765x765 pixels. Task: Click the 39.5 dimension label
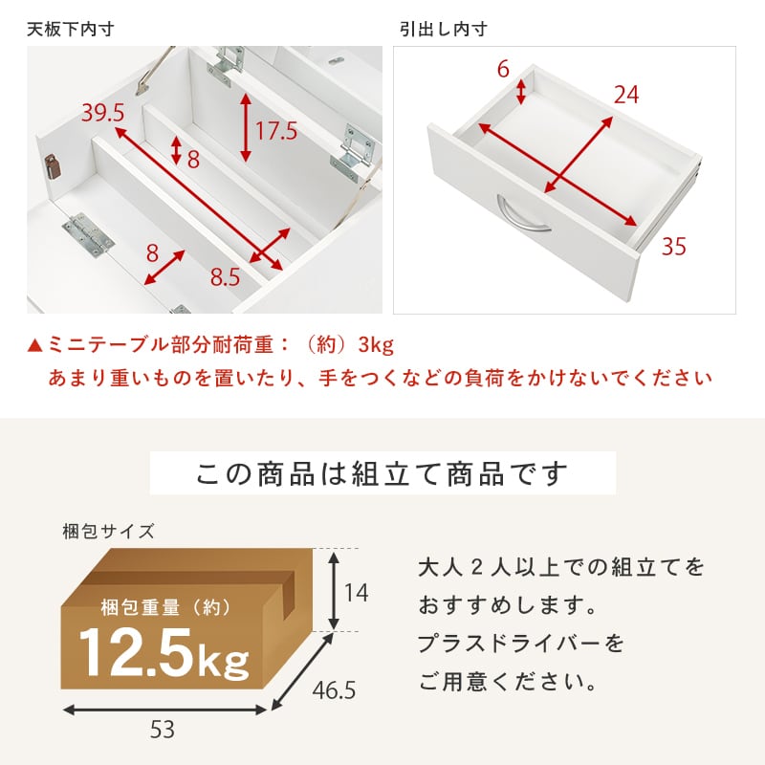click(x=102, y=113)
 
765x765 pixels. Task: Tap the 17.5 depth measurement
click(x=275, y=130)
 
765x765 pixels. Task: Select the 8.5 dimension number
click(x=225, y=278)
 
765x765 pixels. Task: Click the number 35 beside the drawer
click(x=673, y=247)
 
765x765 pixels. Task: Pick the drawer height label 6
click(x=503, y=70)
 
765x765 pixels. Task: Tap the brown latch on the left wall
click(x=53, y=167)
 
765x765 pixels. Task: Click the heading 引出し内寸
click(x=443, y=30)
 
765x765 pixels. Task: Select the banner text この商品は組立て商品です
click(x=382, y=473)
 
